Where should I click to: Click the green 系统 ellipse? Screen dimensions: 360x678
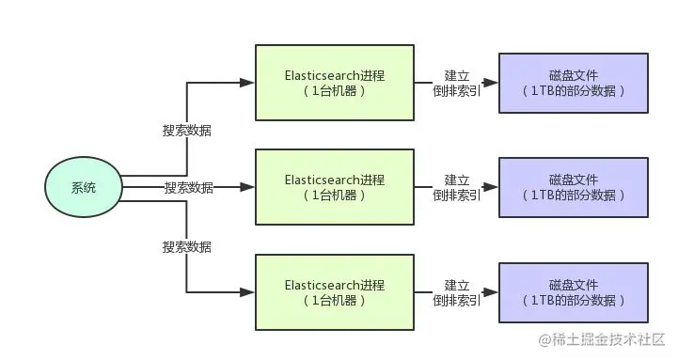[84, 188]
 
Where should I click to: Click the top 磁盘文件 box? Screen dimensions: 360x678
[573, 83]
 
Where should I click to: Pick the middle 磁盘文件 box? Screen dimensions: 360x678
[573, 186]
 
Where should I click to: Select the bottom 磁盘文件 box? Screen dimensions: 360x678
[573, 291]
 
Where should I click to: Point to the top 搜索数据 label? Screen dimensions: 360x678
[187, 131]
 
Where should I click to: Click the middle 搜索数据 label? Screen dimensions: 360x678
[188, 188]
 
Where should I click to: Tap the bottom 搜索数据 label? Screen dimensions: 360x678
[187, 247]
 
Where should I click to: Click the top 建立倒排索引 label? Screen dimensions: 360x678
[457, 83]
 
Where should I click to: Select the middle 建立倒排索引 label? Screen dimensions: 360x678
[457, 186]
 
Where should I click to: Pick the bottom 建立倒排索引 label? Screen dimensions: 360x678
[457, 291]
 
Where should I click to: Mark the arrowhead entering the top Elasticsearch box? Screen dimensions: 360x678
[247, 83]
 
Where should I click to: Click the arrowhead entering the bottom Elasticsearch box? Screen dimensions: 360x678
[247, 291]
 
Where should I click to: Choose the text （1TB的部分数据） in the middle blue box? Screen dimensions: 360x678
[573, 195]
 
